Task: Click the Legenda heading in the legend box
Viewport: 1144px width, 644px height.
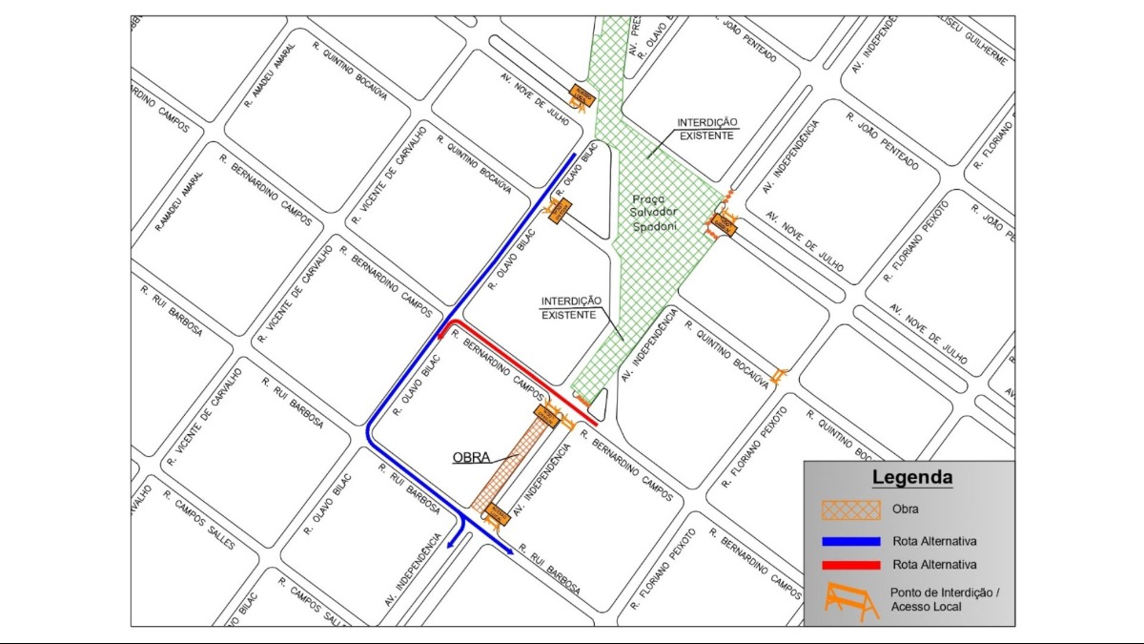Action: click(911, 477)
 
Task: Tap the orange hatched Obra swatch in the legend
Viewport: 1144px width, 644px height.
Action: click(850, 509)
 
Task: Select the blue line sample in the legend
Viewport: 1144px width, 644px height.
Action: click(850, 540)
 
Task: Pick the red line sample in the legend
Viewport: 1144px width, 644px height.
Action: click(850, 565)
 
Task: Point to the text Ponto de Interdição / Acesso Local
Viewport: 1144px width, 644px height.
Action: click(944, 599)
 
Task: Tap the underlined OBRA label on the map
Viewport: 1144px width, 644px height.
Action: click(471, 458)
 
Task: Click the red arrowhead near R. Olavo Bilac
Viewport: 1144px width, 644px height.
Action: click(442, 333)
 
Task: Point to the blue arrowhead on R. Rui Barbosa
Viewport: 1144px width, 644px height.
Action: click(509, 551)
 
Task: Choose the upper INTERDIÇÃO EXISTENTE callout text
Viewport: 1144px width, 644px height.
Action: click(707, 129)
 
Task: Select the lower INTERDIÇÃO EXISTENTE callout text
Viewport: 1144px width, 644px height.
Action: click(571, 307)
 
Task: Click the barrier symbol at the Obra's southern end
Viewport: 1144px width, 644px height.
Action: click(497, 517)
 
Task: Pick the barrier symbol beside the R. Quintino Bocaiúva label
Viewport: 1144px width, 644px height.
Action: click(780, 375)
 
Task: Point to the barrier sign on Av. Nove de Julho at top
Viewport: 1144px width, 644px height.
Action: click(582, 96)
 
